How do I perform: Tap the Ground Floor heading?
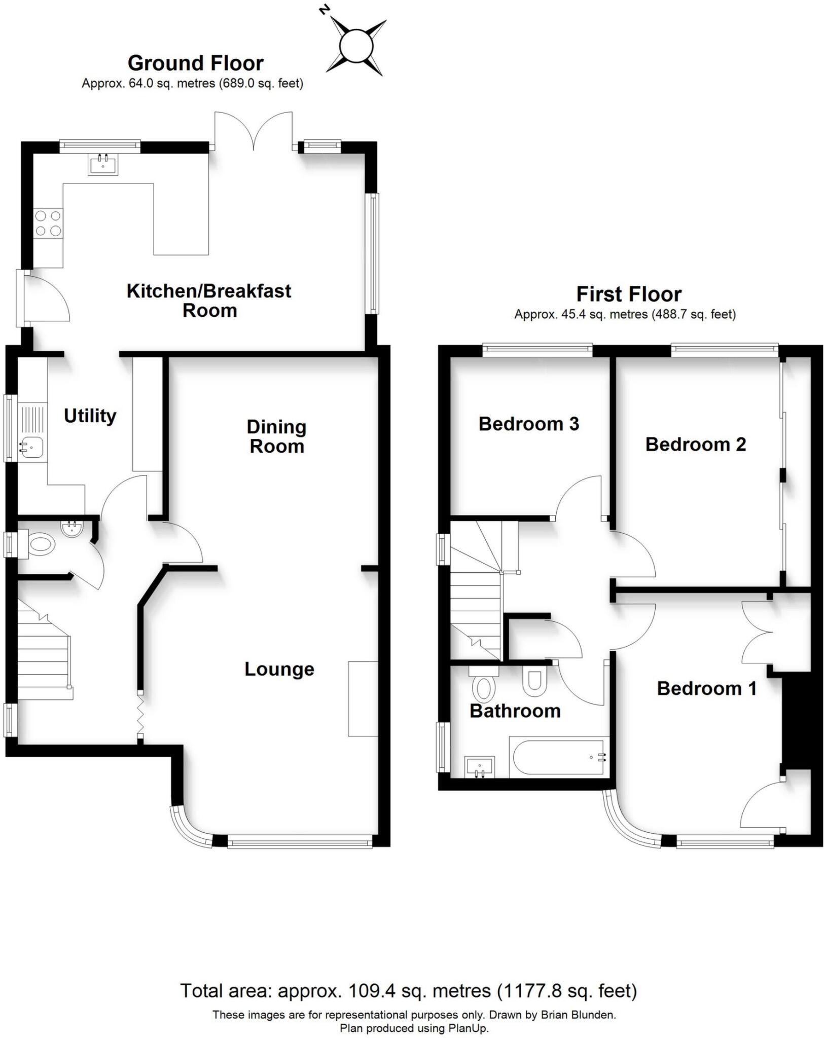(x=195, y=63)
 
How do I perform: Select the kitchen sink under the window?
(x=103, y=164)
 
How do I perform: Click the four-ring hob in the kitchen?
(x=48, y=224)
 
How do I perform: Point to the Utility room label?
(x=90, y=416)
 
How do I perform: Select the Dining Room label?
(x=276, y=436)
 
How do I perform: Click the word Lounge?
(x=279, y=669)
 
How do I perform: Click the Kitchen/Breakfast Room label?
(x=208, y=300)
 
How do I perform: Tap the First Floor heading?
(x=629, y=294)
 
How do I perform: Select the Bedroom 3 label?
(x=528, y=424)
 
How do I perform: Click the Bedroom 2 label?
(x=695, y=444)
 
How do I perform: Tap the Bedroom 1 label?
(x=706, y=688)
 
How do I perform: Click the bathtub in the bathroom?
(x=557, y=758)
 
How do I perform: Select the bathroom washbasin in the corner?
(x=479, y=766)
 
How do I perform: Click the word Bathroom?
(x=515, y=711)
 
